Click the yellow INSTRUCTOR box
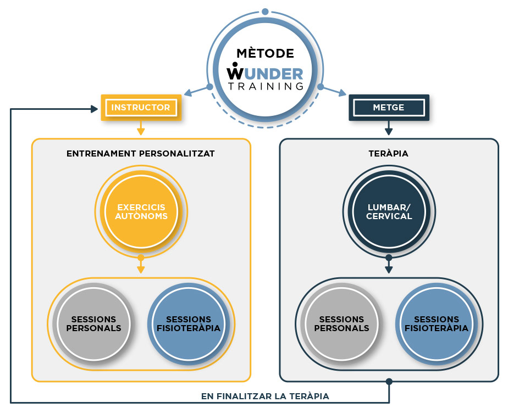[141, 108]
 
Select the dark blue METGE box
[389, 108]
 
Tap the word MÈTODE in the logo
[265, 53]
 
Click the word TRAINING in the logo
[265, 86]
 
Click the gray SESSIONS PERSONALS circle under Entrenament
[93, 323]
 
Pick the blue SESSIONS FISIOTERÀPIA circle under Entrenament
[189, 323]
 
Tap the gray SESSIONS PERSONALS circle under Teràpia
[341, 323]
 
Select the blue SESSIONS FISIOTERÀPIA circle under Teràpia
[437, 323]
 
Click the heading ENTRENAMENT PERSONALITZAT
[141, 154]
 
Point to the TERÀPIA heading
[389, 154]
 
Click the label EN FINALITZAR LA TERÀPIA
[265, 396]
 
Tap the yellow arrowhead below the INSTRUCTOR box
[141, 131]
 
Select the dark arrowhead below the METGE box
[389, 131]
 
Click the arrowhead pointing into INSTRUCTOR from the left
[95, 109]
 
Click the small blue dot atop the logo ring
[265, 12]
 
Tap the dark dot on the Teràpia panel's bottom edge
[389, 381]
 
